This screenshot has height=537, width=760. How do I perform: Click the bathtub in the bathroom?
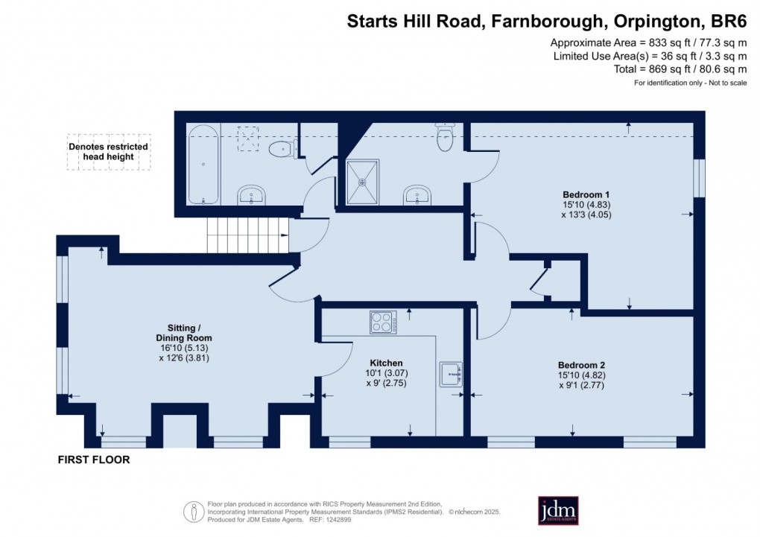[x=203, y=165]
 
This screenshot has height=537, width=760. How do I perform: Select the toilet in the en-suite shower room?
[x=446, y=137]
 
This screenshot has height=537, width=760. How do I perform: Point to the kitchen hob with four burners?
[x=384, y=322]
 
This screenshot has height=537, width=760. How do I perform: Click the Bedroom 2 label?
[x=582, y=365]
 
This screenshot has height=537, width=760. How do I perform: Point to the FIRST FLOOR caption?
[x=94, y=460]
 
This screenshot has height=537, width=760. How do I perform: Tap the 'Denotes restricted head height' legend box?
[x=108, y=152]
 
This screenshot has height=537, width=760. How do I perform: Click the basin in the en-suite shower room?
[x=417, y=196]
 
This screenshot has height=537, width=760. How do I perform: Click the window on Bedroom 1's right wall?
[x=699, y=178]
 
